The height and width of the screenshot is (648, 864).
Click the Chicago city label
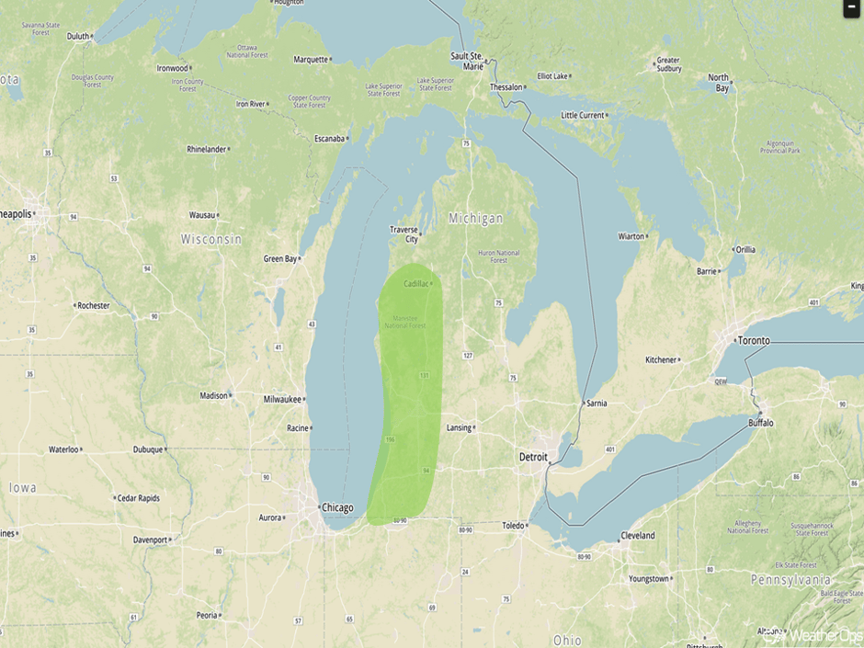(x=337, y=507)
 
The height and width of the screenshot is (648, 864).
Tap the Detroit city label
(x=533, y=457)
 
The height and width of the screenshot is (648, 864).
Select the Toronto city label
(x=754, y=340)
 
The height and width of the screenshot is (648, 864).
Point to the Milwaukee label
(x=283, y=399)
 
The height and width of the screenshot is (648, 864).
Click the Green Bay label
(x=280, y=259)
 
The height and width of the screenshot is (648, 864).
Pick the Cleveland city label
(x=637, y=535)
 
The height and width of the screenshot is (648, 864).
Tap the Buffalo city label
(x=760, y=423)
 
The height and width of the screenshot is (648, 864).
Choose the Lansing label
(x=458, y=427)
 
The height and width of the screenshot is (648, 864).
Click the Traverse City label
(x=404, y=234)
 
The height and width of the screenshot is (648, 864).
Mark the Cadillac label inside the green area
(x=415, y=283)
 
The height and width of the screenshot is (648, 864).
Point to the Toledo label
(x=513, y=526)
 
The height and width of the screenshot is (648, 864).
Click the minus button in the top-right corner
(x=851, y=7)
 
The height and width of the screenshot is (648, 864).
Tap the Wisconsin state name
(x=211, y=239)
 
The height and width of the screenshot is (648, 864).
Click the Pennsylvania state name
(x=790, y=580)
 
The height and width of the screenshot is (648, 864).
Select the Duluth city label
(x=78, y=37)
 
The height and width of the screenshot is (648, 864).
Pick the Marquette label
(x=311, y=60)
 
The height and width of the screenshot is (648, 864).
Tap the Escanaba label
(x=329, y=139)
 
